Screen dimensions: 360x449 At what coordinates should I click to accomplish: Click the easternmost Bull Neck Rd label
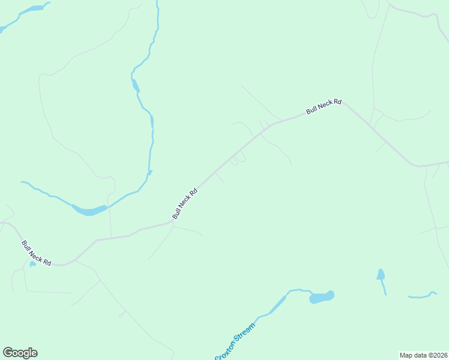[x=324, y=107]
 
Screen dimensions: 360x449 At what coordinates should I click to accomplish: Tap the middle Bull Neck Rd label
[x=185, y=204]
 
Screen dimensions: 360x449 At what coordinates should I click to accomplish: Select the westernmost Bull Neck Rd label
[x=36, y=253]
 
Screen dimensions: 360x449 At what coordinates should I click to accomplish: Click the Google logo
[x=20, y=353]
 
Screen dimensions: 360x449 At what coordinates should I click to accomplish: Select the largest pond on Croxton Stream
[x=321, y=297]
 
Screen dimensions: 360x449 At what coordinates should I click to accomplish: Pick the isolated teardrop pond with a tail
[x=381, y=275]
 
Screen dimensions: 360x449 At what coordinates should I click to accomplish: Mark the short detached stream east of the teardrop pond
[x=421, y=295]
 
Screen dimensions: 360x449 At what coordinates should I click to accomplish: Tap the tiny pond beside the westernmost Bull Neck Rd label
[x=32, y=264]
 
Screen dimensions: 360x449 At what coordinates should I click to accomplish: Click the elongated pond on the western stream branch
[x=89, y=210]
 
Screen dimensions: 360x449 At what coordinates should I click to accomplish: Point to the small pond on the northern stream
[x=136, y=85]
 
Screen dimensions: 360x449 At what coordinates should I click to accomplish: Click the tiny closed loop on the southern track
[x=121, y=314]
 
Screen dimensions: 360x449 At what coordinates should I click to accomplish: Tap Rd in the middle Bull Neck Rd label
[x=193, y=194]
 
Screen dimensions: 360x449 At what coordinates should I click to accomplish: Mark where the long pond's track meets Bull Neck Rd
[x=112, y=238]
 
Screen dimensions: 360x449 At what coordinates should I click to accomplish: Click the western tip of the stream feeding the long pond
[x=22, y=182]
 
